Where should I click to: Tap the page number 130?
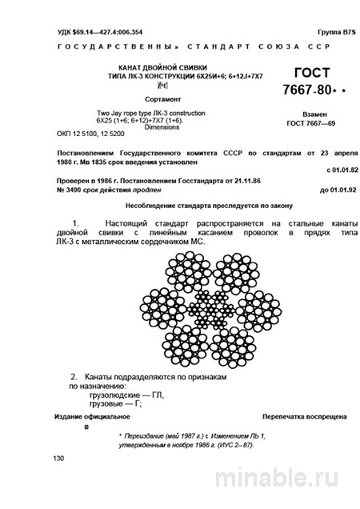(x=58, y=459)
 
